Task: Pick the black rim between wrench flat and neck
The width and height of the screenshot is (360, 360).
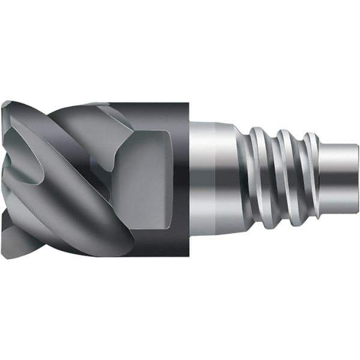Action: point(180,180)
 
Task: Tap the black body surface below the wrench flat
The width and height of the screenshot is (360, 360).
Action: point(156,243)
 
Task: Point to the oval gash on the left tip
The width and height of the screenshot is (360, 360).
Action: point(24,150)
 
